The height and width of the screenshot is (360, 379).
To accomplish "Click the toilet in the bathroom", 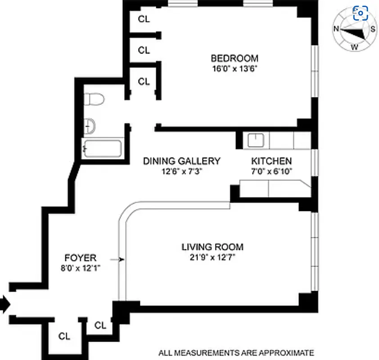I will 95,99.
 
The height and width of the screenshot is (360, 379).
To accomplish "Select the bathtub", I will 102,148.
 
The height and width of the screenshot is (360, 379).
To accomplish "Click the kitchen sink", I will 256,140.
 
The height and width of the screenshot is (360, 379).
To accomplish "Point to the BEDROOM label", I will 235,58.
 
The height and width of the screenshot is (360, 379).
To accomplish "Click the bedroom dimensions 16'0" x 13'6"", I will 235,69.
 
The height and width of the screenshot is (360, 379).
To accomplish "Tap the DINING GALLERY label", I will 182,161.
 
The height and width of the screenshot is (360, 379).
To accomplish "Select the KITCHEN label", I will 271,161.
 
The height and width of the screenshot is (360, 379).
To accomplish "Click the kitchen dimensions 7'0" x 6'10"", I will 271,171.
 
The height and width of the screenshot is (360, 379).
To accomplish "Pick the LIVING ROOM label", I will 212,247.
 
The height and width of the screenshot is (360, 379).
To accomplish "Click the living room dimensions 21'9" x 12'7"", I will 212,257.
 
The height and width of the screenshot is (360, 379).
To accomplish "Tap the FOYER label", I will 81,258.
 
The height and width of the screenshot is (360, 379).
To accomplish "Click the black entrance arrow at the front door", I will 5,305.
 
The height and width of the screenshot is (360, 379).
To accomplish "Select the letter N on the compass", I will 336,29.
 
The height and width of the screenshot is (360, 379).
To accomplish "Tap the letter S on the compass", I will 373,29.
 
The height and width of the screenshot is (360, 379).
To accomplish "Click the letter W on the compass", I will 355,47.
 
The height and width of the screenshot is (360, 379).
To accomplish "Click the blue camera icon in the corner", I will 361,13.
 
